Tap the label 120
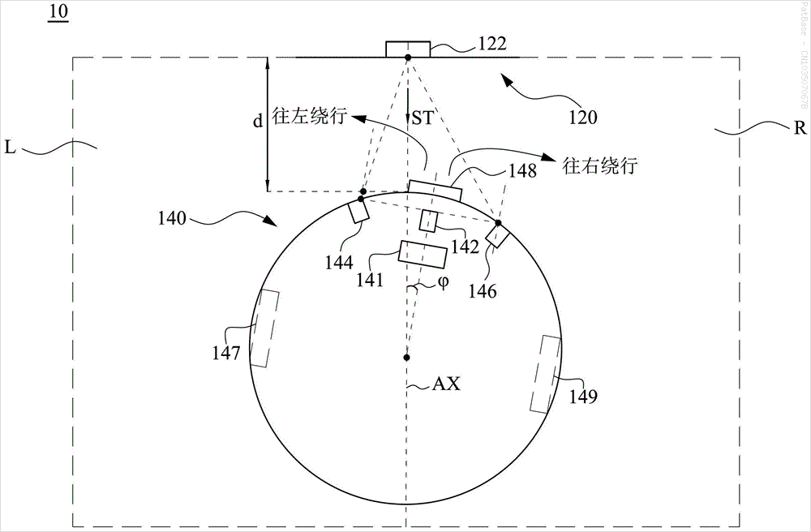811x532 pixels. click(583, 118)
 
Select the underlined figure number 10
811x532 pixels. click(58, 11)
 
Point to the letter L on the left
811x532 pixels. click(11, 148)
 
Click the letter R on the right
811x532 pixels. click(800, 127)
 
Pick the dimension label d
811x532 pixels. click(257, 122)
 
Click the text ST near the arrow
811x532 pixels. click(422, 118)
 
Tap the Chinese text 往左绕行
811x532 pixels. click(309, 117)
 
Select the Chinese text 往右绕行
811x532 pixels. click(600, 166)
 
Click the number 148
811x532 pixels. click(522, 170)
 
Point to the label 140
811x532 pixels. click(172, 218)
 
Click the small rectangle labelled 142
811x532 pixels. click(429, 221)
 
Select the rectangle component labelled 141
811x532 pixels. click(423, 255)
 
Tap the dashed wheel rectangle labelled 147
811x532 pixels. click(264, 328)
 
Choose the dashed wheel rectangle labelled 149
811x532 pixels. click(545, 375)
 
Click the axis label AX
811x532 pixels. click(446, 384)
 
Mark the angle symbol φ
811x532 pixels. click(443, 282)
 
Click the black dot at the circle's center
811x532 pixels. click(407, 358)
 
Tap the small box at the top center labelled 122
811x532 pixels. click(408, 49)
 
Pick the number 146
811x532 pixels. click(483, 291)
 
